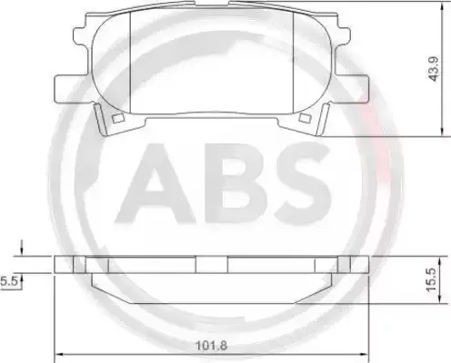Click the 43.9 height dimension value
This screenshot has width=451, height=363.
pyautogui.click(x=436, y=69)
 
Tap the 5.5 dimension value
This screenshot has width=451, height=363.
pyautogui.click(x=10, y=283)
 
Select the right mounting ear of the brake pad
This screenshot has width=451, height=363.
pyautogui.click(x=358, y=85)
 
